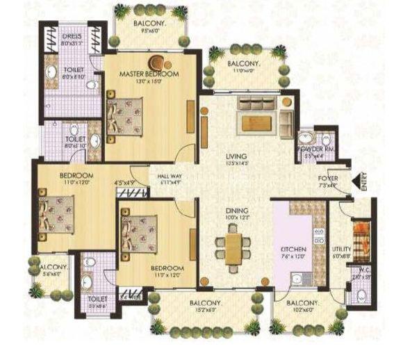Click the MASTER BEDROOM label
(x=149, y=74)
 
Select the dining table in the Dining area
(x=234, y=245)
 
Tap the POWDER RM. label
(x=313, y=149)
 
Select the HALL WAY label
(x=170, y=177)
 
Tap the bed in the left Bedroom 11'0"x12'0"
(x=56, y=210)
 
